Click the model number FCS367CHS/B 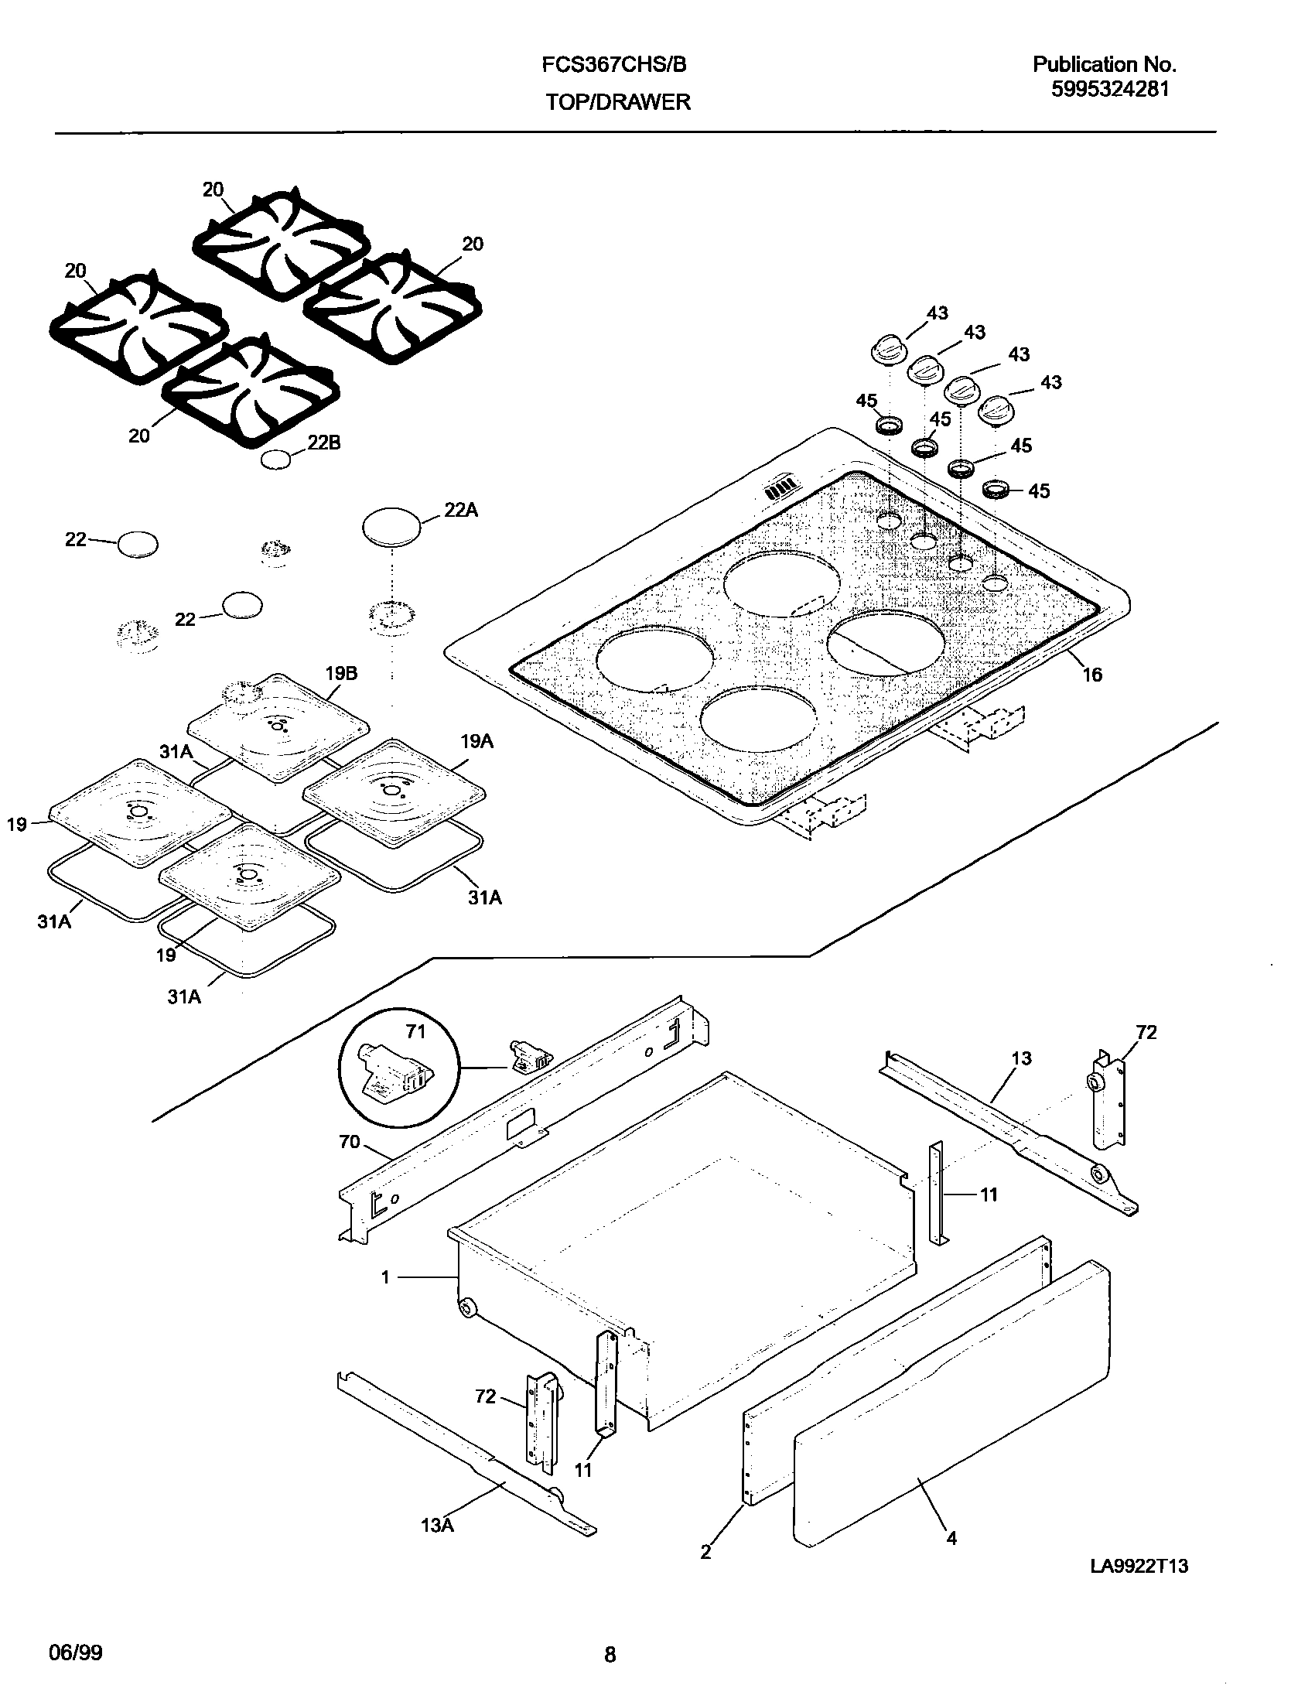click(x=613, y=65)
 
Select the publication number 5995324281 click(x=1109, y=89)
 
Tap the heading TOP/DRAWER click(x=618, y=102)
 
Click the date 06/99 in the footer click(x=75, y=1653)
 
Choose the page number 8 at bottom click(x=610, y=1654)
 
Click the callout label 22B click(x=323, y=443)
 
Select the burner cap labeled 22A click(x=391, y=528)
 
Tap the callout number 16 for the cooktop click(x=1091, y=675)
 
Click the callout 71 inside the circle click(x=415, y=1031)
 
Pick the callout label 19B click(x=340, y=672)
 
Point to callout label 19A click(x=476, y=741)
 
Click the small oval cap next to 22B click(x=276, y=459)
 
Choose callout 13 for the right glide click(x=1021, y=1058)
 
